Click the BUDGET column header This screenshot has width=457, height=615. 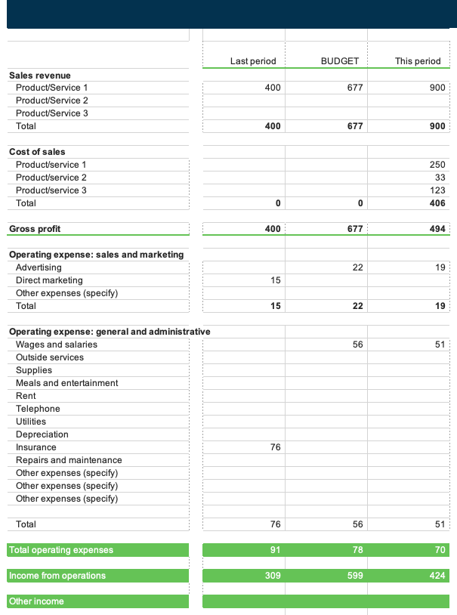339,61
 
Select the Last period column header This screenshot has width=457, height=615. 253,61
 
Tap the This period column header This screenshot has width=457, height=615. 418,61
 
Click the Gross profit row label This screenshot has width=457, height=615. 35,229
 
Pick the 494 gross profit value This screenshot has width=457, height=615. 437,229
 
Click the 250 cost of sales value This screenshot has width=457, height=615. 437,165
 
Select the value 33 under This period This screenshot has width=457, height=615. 440,178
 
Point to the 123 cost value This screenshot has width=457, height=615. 437,190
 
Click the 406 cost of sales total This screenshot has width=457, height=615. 437,203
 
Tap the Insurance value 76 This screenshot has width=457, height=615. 275,447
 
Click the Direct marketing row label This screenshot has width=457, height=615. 49,280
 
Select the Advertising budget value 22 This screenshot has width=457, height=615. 357,267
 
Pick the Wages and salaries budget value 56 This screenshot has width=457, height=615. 357,345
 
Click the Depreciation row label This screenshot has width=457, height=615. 42,434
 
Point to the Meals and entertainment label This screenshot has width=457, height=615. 67,383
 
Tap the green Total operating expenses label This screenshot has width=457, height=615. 61,550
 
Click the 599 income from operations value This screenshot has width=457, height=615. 355,576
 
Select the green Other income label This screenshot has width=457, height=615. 36,601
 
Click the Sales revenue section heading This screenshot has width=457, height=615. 40,76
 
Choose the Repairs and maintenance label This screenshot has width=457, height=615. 69,460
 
